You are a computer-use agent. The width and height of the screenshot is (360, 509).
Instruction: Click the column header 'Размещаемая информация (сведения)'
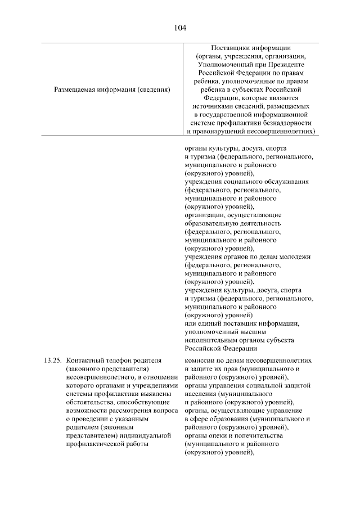tap(112, 89)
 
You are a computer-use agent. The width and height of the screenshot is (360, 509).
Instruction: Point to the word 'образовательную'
tap(211, 223)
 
